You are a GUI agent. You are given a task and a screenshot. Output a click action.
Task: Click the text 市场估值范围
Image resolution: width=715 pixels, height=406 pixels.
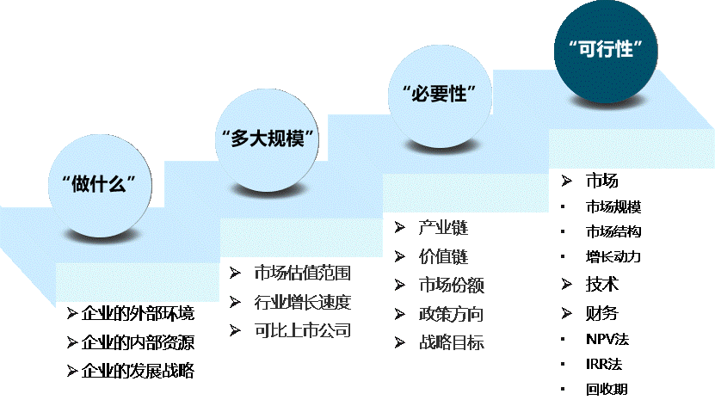click(303, 274)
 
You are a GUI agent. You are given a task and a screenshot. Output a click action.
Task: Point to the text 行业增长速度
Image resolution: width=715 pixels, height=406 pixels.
click(303, 302)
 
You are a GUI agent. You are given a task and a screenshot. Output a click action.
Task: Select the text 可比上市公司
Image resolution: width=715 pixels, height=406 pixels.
click(303, 330)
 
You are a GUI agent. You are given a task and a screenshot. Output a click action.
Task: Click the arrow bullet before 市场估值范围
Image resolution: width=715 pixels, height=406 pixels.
click(235, 274)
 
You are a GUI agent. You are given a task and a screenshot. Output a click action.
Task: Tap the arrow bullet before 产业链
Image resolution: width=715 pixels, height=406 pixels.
click(400, 228)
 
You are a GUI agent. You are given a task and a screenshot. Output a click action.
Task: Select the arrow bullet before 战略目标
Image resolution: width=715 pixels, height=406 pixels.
click(400, 342)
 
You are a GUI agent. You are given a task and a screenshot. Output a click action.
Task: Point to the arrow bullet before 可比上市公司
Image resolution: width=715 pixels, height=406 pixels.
click(235, 330)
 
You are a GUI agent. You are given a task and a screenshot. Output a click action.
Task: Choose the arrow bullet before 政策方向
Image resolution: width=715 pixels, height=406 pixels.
click(400, 313)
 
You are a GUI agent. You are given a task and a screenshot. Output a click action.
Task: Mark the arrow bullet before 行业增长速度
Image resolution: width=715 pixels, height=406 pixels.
click(235, 302)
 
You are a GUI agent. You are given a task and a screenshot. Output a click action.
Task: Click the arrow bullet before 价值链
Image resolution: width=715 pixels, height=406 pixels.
click(400, 256)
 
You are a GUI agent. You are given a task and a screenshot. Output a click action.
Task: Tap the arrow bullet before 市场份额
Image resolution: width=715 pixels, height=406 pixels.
click(400, 285)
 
